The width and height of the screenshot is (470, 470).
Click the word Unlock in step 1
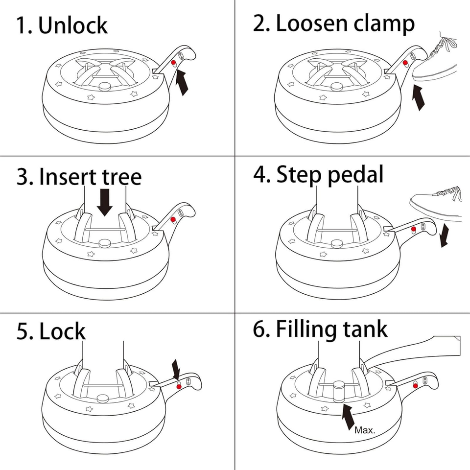click(x=73, y=25)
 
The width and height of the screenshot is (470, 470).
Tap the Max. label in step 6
click(x=364, y=430)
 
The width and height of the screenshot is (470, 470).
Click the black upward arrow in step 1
click(x=182, y=82)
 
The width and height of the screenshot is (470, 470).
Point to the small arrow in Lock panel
click(x=177, y=369)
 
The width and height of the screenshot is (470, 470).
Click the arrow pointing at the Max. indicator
click(x=348, y=417)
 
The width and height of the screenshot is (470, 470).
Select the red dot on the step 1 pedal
click(x=173, y=64)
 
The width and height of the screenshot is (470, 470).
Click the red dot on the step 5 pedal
click(x=179, y=386)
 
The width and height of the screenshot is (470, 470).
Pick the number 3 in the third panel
click(x=23, y=177)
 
